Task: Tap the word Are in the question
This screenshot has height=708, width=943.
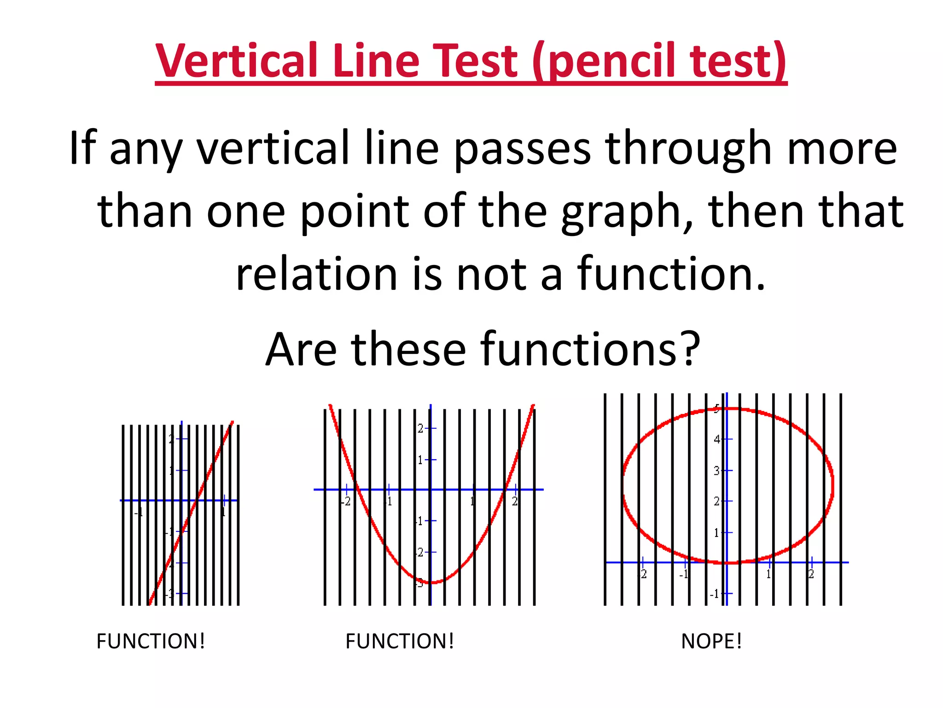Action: point(301,349)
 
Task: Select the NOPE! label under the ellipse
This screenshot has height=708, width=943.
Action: point(711,641)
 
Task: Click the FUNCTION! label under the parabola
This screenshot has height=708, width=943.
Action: point(400,641)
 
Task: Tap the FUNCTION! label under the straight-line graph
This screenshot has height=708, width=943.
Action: point(151,641)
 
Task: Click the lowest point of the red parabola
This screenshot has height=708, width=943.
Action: point(431,583)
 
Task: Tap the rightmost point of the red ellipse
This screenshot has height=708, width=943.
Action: point(833,485)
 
